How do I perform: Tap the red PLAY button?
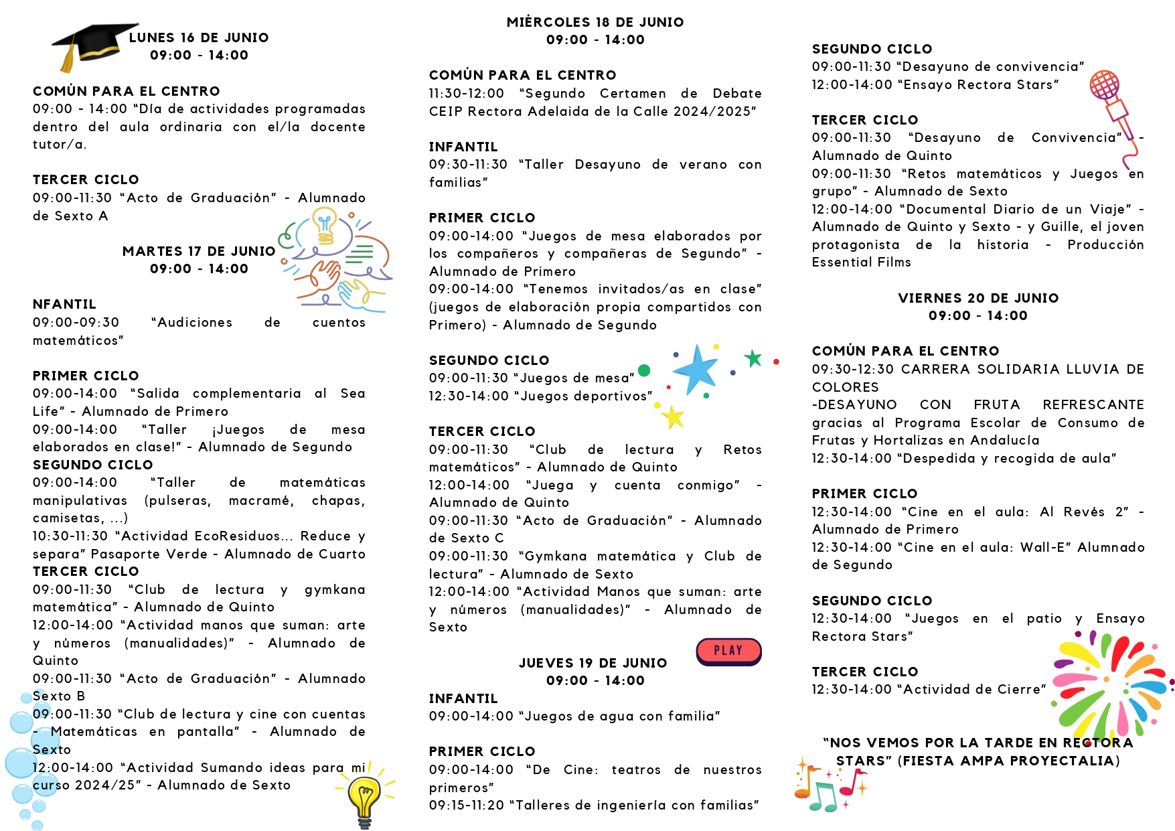[728, 651]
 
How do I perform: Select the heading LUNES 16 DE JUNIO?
[199, 38]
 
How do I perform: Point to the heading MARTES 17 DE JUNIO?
[199, 252]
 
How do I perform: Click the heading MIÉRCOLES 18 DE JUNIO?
[595, 23]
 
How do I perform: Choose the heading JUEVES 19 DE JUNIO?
[593, 664]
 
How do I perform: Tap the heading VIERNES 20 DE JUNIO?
[978, 299]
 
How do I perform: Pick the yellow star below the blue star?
[673, 417]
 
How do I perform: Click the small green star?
[753, 358]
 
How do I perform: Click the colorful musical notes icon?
[827, 787]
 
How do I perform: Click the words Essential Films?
[861, 262]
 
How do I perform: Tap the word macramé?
[260, 501]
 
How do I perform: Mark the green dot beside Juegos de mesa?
[644, 370]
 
